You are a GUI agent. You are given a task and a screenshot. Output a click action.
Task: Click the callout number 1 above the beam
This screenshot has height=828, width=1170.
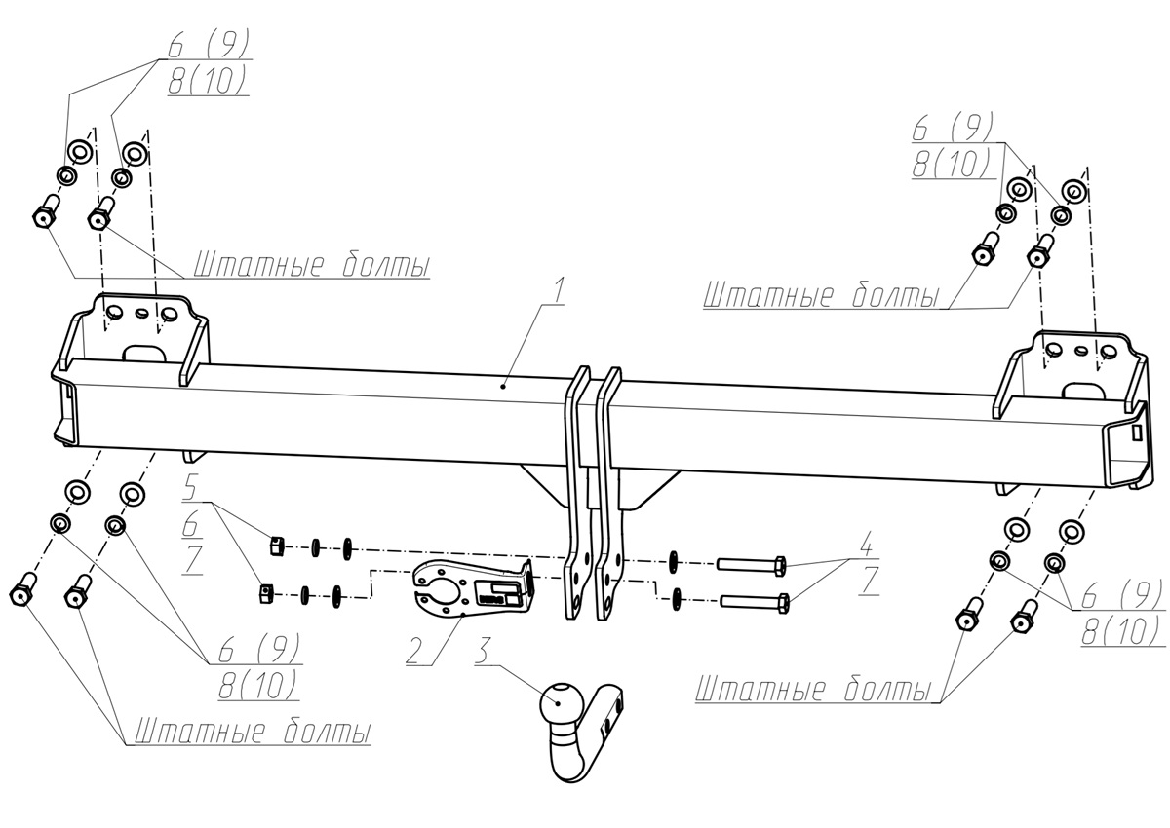click(x=558, y=290)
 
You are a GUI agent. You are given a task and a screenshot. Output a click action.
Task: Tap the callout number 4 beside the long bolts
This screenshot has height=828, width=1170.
click(x=866, y=543)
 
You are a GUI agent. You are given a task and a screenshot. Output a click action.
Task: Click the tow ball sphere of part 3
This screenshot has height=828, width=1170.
click(x=560, y=700)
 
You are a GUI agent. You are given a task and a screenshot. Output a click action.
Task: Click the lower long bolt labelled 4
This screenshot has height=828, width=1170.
click(x=757, y=602)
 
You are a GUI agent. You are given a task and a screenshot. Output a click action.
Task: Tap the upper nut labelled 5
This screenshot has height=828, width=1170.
click(x=276, y=546)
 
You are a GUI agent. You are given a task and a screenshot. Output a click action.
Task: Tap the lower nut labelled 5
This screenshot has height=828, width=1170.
click(x=266, y=591)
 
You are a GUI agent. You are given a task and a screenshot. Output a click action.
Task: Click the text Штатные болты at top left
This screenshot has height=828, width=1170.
click(x=311, y=265)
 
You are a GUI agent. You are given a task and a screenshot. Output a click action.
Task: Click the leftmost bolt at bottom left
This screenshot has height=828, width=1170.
click(x=21, y=595)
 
